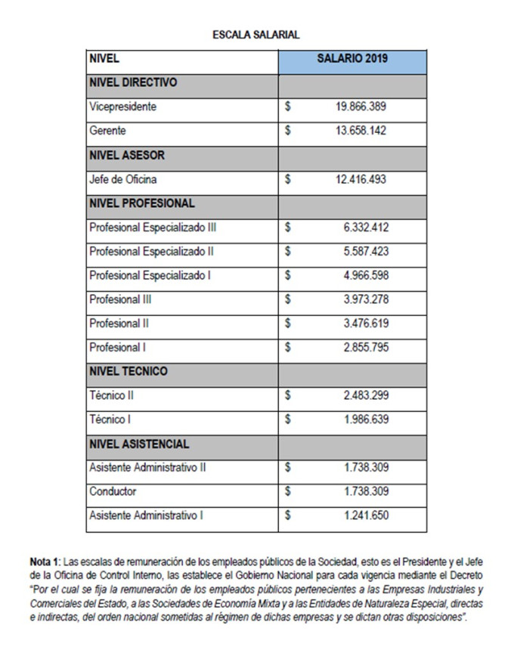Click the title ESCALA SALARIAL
point(256,34)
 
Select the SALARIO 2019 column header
point(352,58)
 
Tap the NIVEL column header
point(104,58)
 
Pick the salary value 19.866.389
point(361,107)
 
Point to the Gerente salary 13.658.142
point(361,131)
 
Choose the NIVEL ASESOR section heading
point(127,155)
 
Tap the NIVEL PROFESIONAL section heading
point(141,203)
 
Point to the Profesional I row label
point(116,348)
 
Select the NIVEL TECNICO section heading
point(129,371)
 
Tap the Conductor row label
point(113,491)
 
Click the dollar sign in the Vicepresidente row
point(288,107)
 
